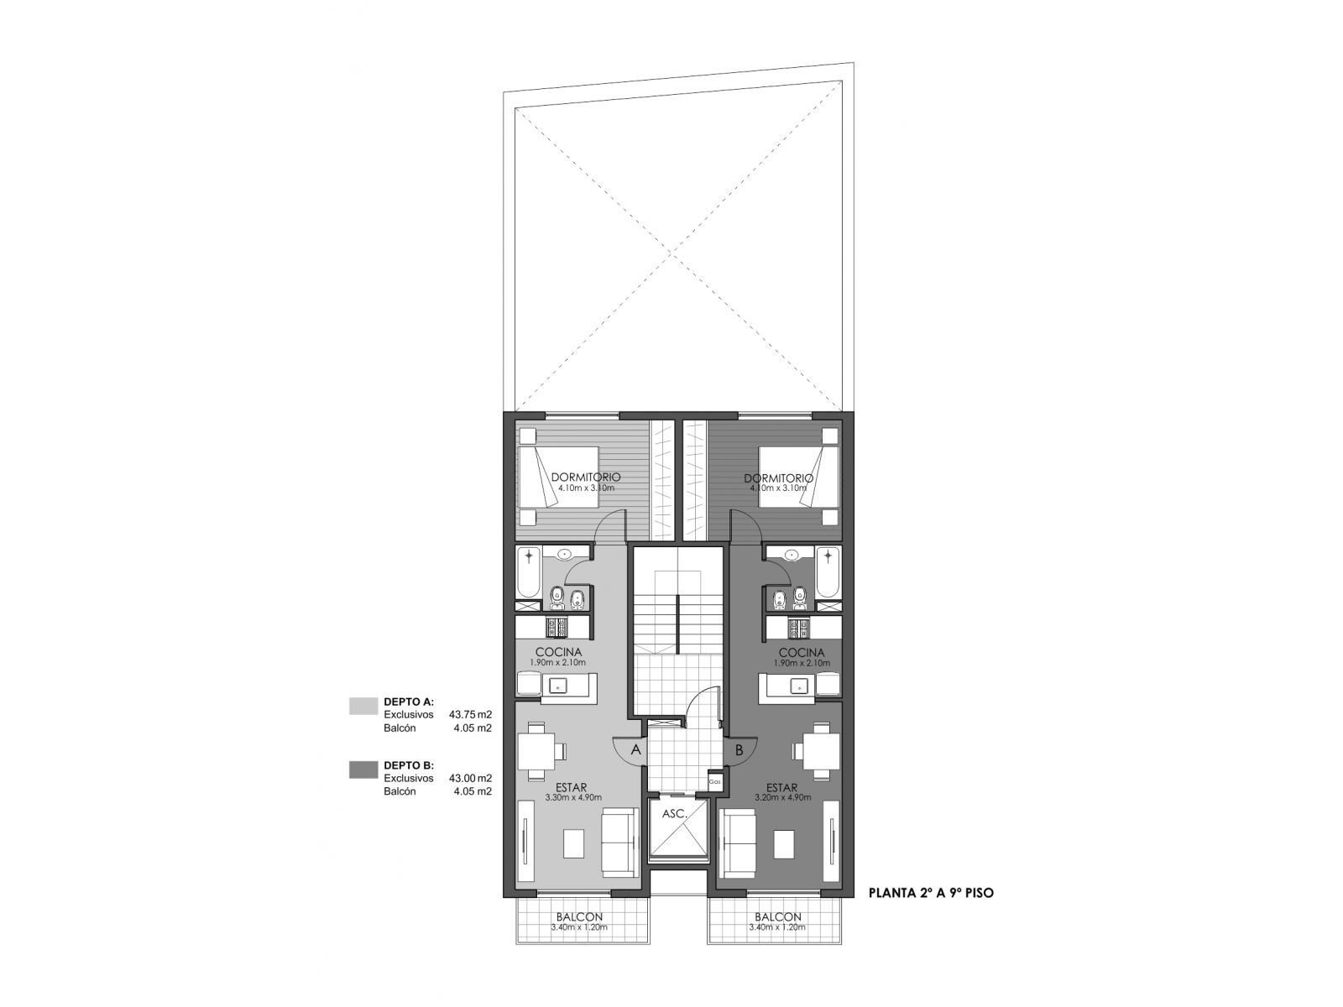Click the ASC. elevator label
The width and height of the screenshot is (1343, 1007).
[675, 814]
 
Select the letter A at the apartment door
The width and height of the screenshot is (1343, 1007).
[635, 749]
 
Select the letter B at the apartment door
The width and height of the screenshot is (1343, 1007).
[739, 749]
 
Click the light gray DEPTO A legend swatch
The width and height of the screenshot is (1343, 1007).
[363, 706]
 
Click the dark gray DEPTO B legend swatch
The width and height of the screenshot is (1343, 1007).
[363, 770]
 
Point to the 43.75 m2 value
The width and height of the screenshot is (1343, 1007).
[471, 714]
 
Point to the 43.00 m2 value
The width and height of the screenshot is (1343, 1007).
[471, 779]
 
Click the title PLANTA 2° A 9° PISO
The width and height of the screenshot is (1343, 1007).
[931, 893]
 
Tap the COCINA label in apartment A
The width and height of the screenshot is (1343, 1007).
[558, 653]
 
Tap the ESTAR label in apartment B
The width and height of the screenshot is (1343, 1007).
[781, 787]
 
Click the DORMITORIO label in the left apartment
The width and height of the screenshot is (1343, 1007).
[586, 477]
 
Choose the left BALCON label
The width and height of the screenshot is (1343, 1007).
[579, 917]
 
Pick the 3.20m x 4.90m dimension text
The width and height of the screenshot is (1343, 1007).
[782, 797]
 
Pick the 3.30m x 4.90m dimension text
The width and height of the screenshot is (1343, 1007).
[573, 797]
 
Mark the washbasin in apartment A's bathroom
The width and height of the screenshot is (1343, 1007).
[563, 555]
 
